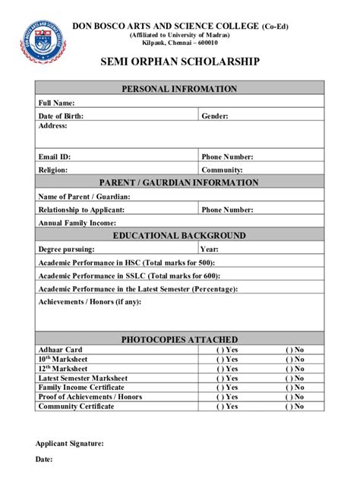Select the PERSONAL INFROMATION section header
(180, 89)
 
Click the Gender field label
(215, 116)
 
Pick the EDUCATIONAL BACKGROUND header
(180, 235)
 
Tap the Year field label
(210, 249)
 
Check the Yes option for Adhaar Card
(226, 350)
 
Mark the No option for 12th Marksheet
(295, 368)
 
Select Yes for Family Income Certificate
(226, 387)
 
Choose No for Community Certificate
(295, 407)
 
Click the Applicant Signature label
(71, 443)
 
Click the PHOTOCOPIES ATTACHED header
(180, 339)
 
